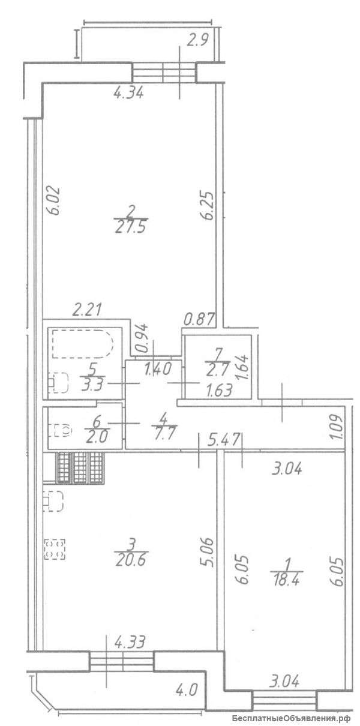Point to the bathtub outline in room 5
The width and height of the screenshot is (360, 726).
pos(83,344)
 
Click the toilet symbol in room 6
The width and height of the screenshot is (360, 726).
pos(61,430)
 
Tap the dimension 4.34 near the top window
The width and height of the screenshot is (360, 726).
pos(128,94)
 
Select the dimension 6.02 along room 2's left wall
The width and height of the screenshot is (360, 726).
pos(53,200)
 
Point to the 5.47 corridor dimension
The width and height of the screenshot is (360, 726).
pos(224,440)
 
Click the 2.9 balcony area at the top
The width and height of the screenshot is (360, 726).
pos(197,40)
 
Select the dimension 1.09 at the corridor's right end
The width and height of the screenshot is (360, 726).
pos(338,427)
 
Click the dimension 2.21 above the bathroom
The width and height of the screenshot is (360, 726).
pos(87,309)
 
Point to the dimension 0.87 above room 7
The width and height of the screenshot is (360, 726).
pos(199,319)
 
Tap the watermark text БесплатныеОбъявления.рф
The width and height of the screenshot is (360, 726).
pos(292,716)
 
